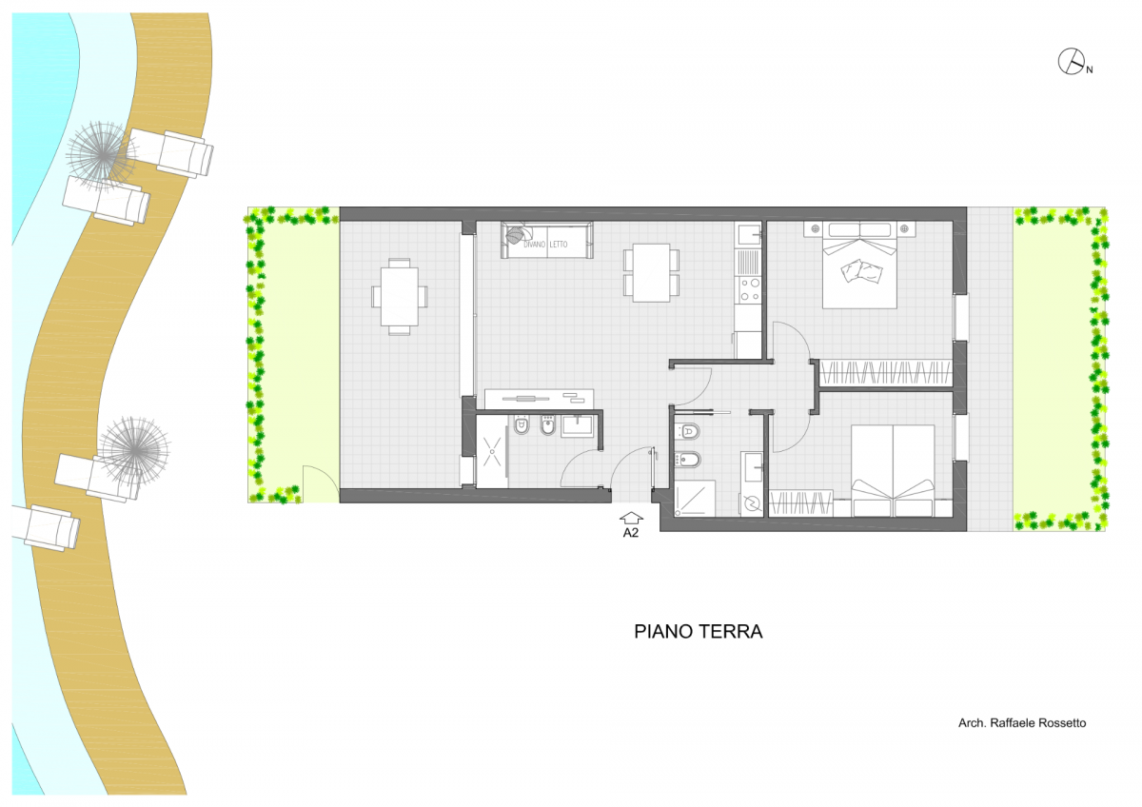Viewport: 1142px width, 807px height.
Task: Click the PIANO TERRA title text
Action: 698,632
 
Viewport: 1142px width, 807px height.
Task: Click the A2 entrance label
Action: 631,533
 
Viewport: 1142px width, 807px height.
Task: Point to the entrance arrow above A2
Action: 631,518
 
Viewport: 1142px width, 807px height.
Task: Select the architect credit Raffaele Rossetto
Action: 1022,723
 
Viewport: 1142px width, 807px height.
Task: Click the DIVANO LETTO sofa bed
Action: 546,240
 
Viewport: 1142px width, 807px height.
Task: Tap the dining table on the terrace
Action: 399,297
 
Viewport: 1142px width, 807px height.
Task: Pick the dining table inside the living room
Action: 652,273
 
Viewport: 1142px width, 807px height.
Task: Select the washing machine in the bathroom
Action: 752,503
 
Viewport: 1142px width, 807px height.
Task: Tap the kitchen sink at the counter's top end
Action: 748,235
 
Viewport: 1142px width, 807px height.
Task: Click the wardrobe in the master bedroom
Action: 886,373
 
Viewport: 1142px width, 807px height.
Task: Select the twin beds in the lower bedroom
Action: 893,471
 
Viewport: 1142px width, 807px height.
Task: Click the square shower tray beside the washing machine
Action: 695,499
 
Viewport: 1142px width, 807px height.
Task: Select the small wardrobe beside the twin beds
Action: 801,503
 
